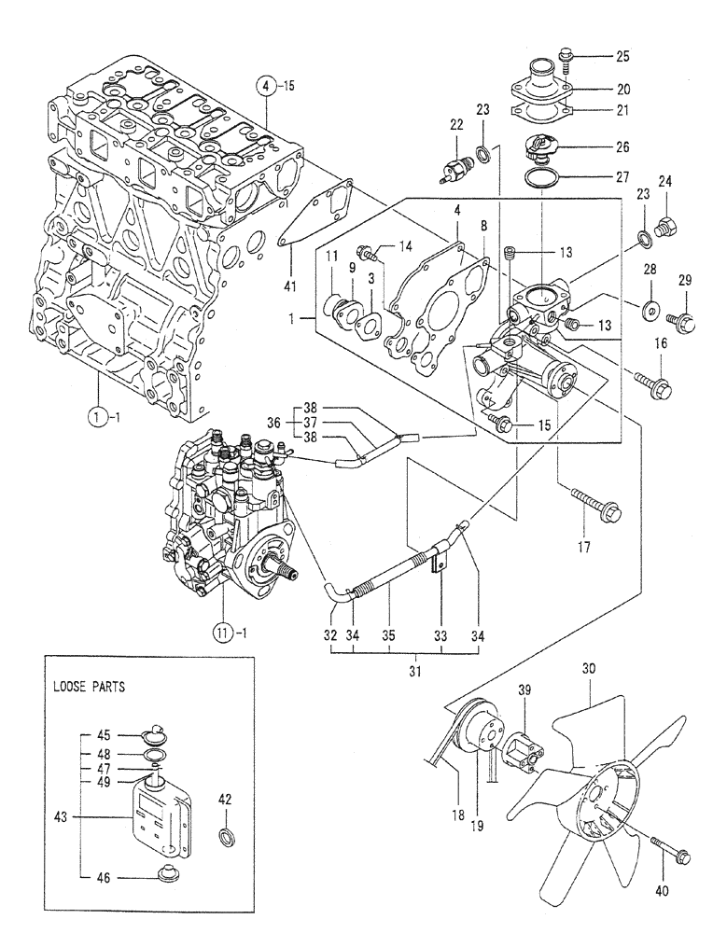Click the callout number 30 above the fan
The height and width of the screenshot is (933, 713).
coord(589,669)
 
